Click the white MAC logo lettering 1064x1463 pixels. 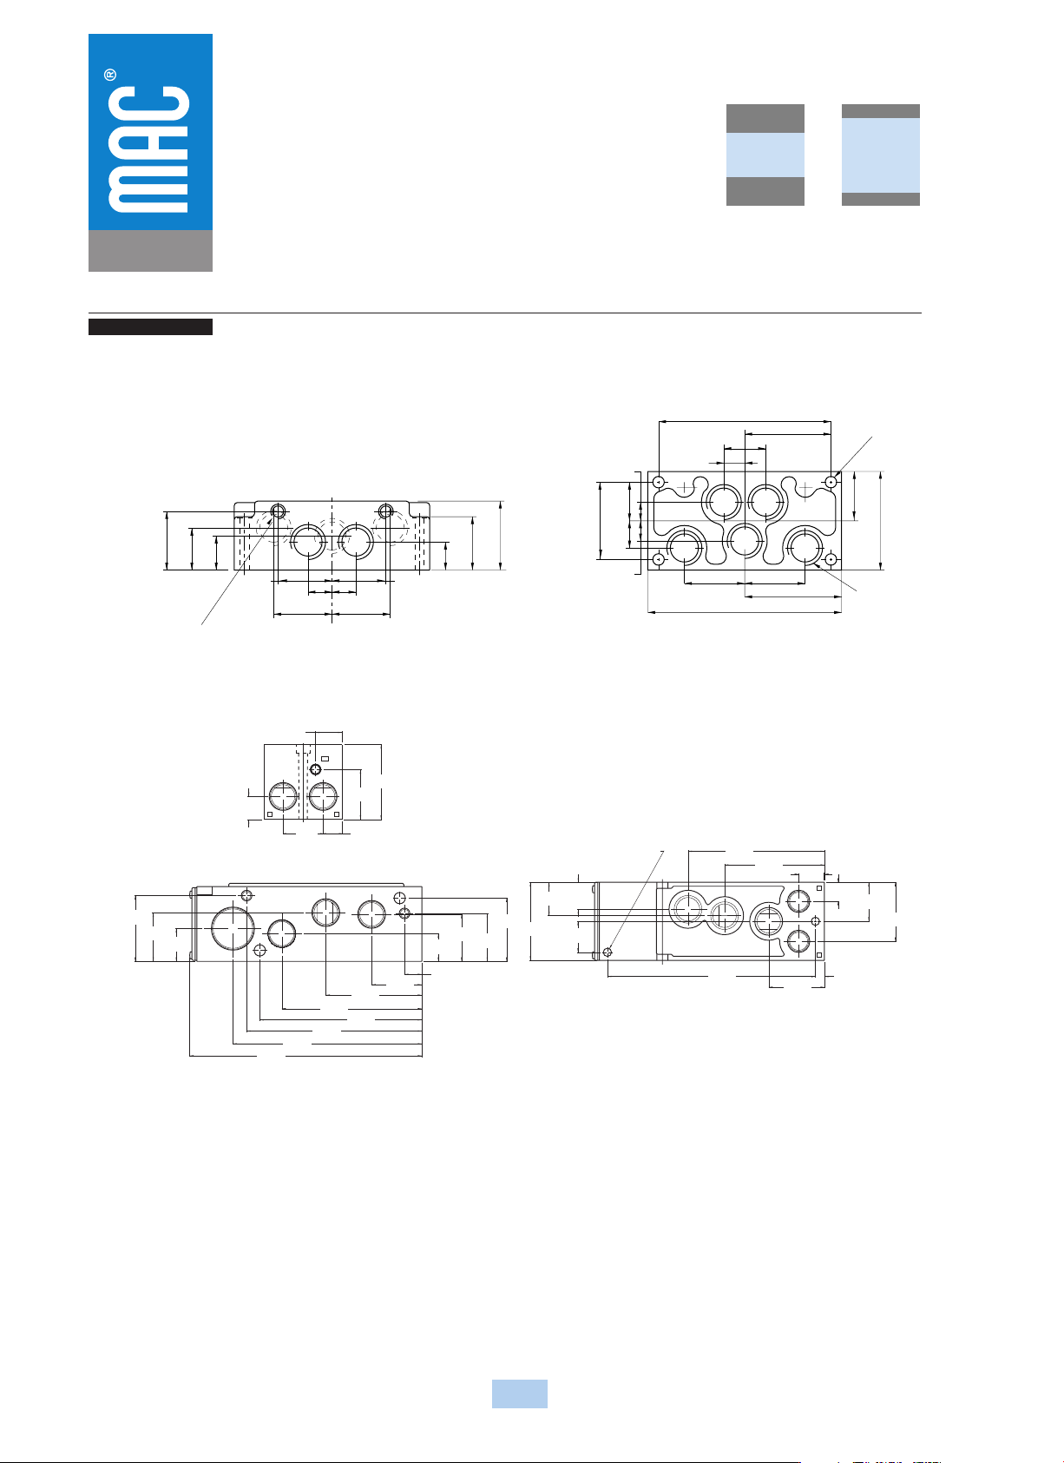148,149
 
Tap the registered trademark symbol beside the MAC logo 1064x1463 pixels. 110,76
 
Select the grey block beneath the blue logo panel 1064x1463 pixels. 150,250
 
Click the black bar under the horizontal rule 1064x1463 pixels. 150,326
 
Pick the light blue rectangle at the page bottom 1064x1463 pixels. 520,1394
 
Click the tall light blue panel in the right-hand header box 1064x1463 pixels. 881,155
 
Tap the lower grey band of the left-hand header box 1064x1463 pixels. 765,191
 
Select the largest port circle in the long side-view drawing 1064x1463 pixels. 233,928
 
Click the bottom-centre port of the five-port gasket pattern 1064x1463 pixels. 745,541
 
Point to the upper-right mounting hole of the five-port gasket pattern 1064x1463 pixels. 831,482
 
